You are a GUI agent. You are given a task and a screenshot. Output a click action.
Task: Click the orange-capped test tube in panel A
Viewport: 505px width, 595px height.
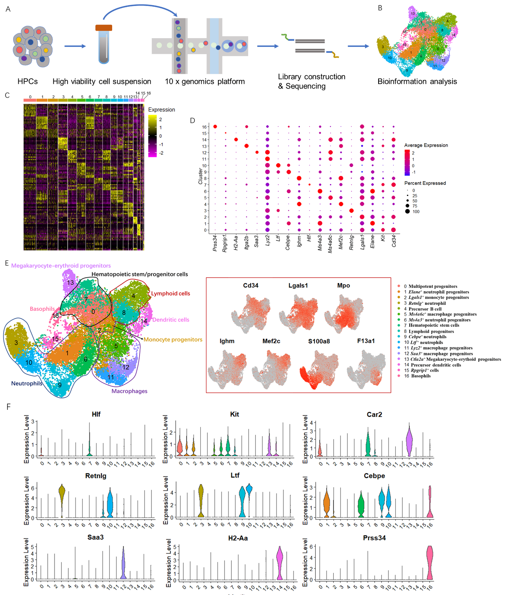click(x=104, y=45)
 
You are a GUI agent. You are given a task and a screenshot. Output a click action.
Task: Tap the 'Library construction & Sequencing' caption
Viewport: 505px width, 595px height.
click(x=311, y=81)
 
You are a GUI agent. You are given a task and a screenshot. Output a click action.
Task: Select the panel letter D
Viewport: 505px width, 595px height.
click(x=192, y=120)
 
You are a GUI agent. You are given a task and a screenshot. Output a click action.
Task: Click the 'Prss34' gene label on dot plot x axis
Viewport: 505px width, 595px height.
click(x=215, y=243)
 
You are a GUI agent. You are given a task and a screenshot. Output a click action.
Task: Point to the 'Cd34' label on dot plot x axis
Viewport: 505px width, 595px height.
click(x=394, y=240)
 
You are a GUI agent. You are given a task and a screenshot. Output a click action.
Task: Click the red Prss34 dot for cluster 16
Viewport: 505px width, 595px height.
click(x=215, y=126)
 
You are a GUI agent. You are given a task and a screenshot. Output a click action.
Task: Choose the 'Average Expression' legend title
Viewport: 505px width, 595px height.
click(x=426, y=145)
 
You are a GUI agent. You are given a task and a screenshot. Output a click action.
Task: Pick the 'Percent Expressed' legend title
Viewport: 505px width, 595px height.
click(x=425, y=183)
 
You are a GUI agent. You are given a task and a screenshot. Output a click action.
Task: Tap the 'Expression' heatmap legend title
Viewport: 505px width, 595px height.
click(x=161, y=110)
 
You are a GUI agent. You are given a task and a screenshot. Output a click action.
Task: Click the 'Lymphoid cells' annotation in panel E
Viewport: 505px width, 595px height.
click(x=171, y=294)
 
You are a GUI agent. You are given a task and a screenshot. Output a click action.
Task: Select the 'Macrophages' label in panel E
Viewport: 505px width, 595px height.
click(x=129, y=391)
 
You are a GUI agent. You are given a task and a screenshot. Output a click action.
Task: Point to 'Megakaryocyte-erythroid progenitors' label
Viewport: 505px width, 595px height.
click(x=61, y=266)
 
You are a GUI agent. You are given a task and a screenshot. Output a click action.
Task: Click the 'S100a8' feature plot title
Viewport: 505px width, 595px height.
click(x=319, y=341)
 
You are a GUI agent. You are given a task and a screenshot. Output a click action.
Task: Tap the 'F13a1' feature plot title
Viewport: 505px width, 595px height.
click(x=366, y=341)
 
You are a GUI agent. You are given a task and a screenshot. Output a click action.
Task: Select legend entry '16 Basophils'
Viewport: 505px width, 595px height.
click(x=418, y=376)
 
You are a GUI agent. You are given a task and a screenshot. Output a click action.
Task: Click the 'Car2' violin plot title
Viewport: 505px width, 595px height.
click(x=374, y=415)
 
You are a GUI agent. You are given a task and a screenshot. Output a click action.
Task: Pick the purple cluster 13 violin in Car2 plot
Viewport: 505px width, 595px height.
click(x=409, y=441)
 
